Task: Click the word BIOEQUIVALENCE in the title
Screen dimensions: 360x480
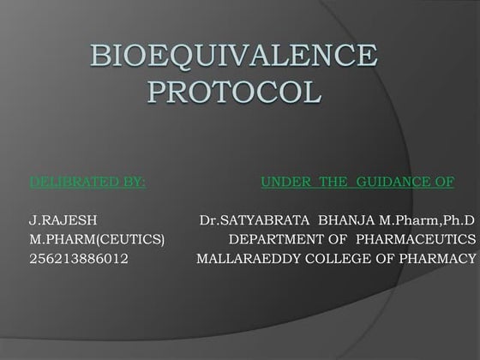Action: pos(233,57)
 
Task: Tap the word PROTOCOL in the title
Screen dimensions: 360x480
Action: pos(233,90)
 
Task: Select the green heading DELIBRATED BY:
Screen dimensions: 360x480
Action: pos(87,183)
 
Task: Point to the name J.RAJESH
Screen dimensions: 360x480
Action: pos(58,220)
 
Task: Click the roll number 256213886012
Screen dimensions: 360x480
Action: pos(79,256)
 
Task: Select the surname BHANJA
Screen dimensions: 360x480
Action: pos(343,220)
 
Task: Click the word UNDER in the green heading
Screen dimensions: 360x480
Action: pos(284,183)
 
